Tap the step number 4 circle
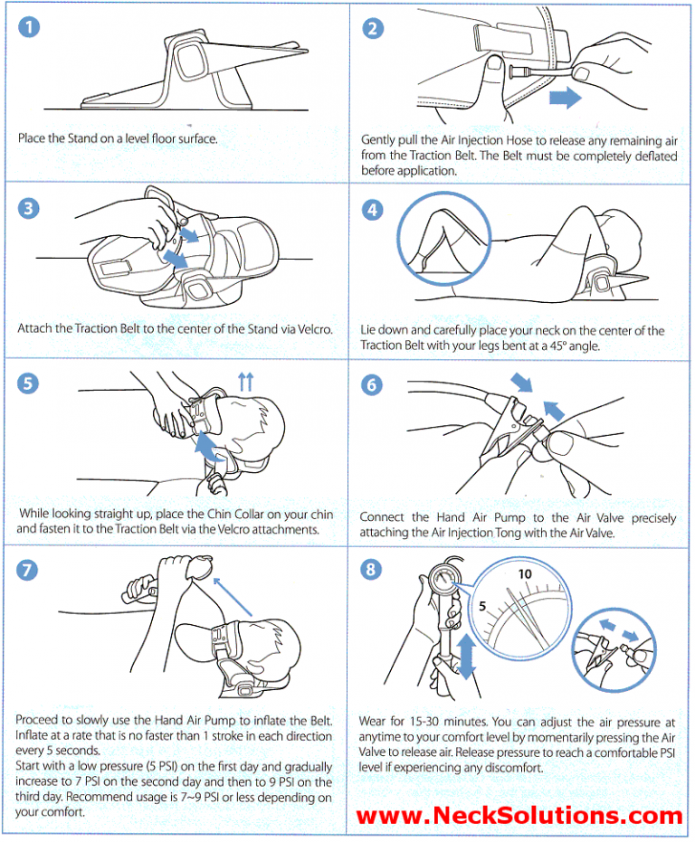pos(373,209)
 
